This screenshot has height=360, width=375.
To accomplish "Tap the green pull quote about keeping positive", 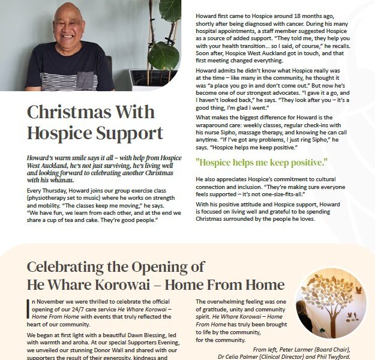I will [262, 162].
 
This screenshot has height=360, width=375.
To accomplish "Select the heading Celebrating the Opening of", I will [116, 266].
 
